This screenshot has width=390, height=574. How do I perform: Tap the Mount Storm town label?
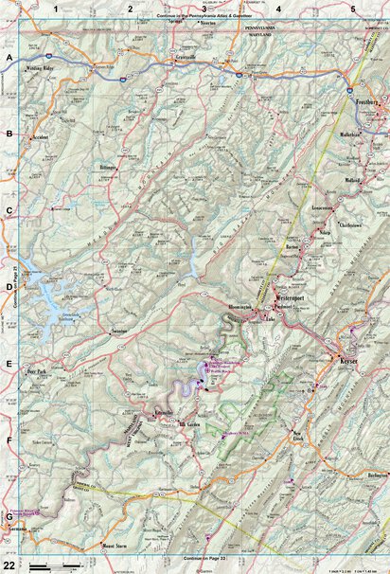point(115,547)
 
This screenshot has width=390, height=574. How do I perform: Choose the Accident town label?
point(40,135)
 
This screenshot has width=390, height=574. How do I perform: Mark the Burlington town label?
point(377,473)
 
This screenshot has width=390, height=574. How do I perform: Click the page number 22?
point(9,565)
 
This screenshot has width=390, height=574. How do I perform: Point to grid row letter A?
point(9,58)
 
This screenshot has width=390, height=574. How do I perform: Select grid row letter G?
point(9,516)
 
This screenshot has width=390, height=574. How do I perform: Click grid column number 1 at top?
point(57,9)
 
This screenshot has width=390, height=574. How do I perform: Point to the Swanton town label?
point(119,331)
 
